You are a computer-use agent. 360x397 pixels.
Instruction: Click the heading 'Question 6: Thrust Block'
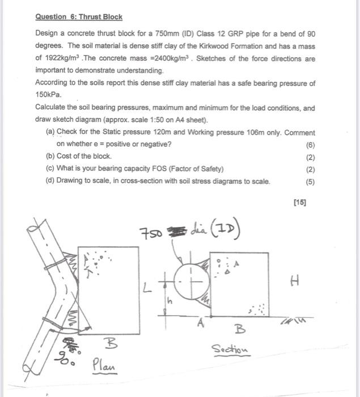click(79, 17)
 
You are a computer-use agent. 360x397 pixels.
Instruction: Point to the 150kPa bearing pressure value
click(48, 95)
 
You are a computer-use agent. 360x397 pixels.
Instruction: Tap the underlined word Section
click(230, 349)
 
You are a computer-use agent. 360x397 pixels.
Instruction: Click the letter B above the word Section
click(236, 328)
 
